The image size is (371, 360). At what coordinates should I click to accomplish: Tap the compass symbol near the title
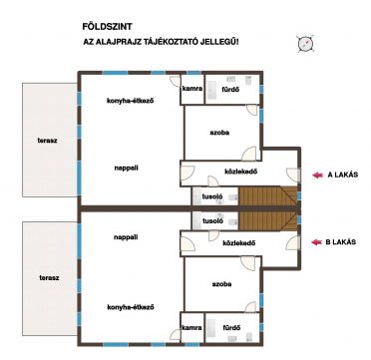pos(305,44)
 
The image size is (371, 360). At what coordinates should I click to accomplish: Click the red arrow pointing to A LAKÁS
pos(317,176)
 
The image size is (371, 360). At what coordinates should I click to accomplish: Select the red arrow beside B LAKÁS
pos(317,242)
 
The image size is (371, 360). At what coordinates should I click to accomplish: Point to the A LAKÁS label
pos(343,176)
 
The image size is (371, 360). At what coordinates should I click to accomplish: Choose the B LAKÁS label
pos(341,242)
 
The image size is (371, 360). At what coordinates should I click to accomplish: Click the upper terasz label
pos(47,141)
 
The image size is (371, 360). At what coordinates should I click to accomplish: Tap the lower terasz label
pos(49,277)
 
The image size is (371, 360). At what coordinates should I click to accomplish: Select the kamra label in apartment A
pos(191,89)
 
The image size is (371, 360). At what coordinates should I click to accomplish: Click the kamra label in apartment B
pos(191,327)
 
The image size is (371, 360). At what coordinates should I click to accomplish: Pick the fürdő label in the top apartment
pos(230,90)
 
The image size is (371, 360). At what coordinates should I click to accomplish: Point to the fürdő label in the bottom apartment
pos(231,327)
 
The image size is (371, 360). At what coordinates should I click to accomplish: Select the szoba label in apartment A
pos(219,133)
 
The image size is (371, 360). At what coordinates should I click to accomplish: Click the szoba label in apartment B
pos(221,284)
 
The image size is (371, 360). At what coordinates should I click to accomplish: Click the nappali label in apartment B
pos(126,237)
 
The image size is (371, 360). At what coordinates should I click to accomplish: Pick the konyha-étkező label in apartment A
pos(130,101)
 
